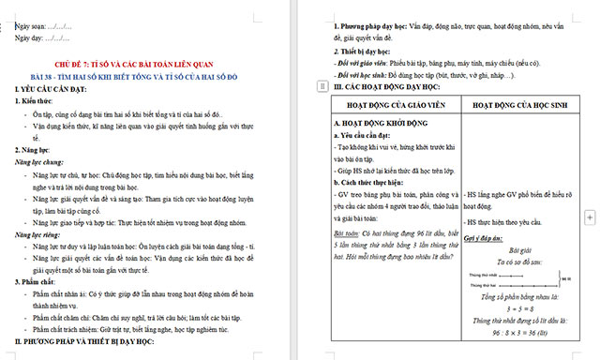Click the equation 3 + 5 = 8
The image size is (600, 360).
[x=514, y=307]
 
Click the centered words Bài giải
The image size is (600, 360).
[x=514, y=250]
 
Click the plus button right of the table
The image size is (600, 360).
[x=589, y=217]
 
